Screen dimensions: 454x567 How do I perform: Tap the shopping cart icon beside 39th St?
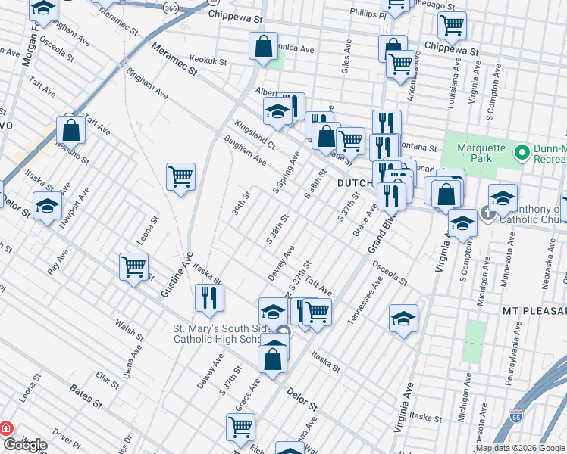180,177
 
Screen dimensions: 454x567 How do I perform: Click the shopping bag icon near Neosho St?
70,130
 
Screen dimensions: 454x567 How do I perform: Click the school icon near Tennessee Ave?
404,319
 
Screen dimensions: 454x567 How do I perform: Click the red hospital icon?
7,428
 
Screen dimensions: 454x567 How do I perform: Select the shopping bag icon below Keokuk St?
262,46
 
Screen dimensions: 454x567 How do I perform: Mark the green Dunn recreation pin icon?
521,153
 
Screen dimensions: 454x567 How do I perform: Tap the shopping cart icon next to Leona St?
133,266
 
